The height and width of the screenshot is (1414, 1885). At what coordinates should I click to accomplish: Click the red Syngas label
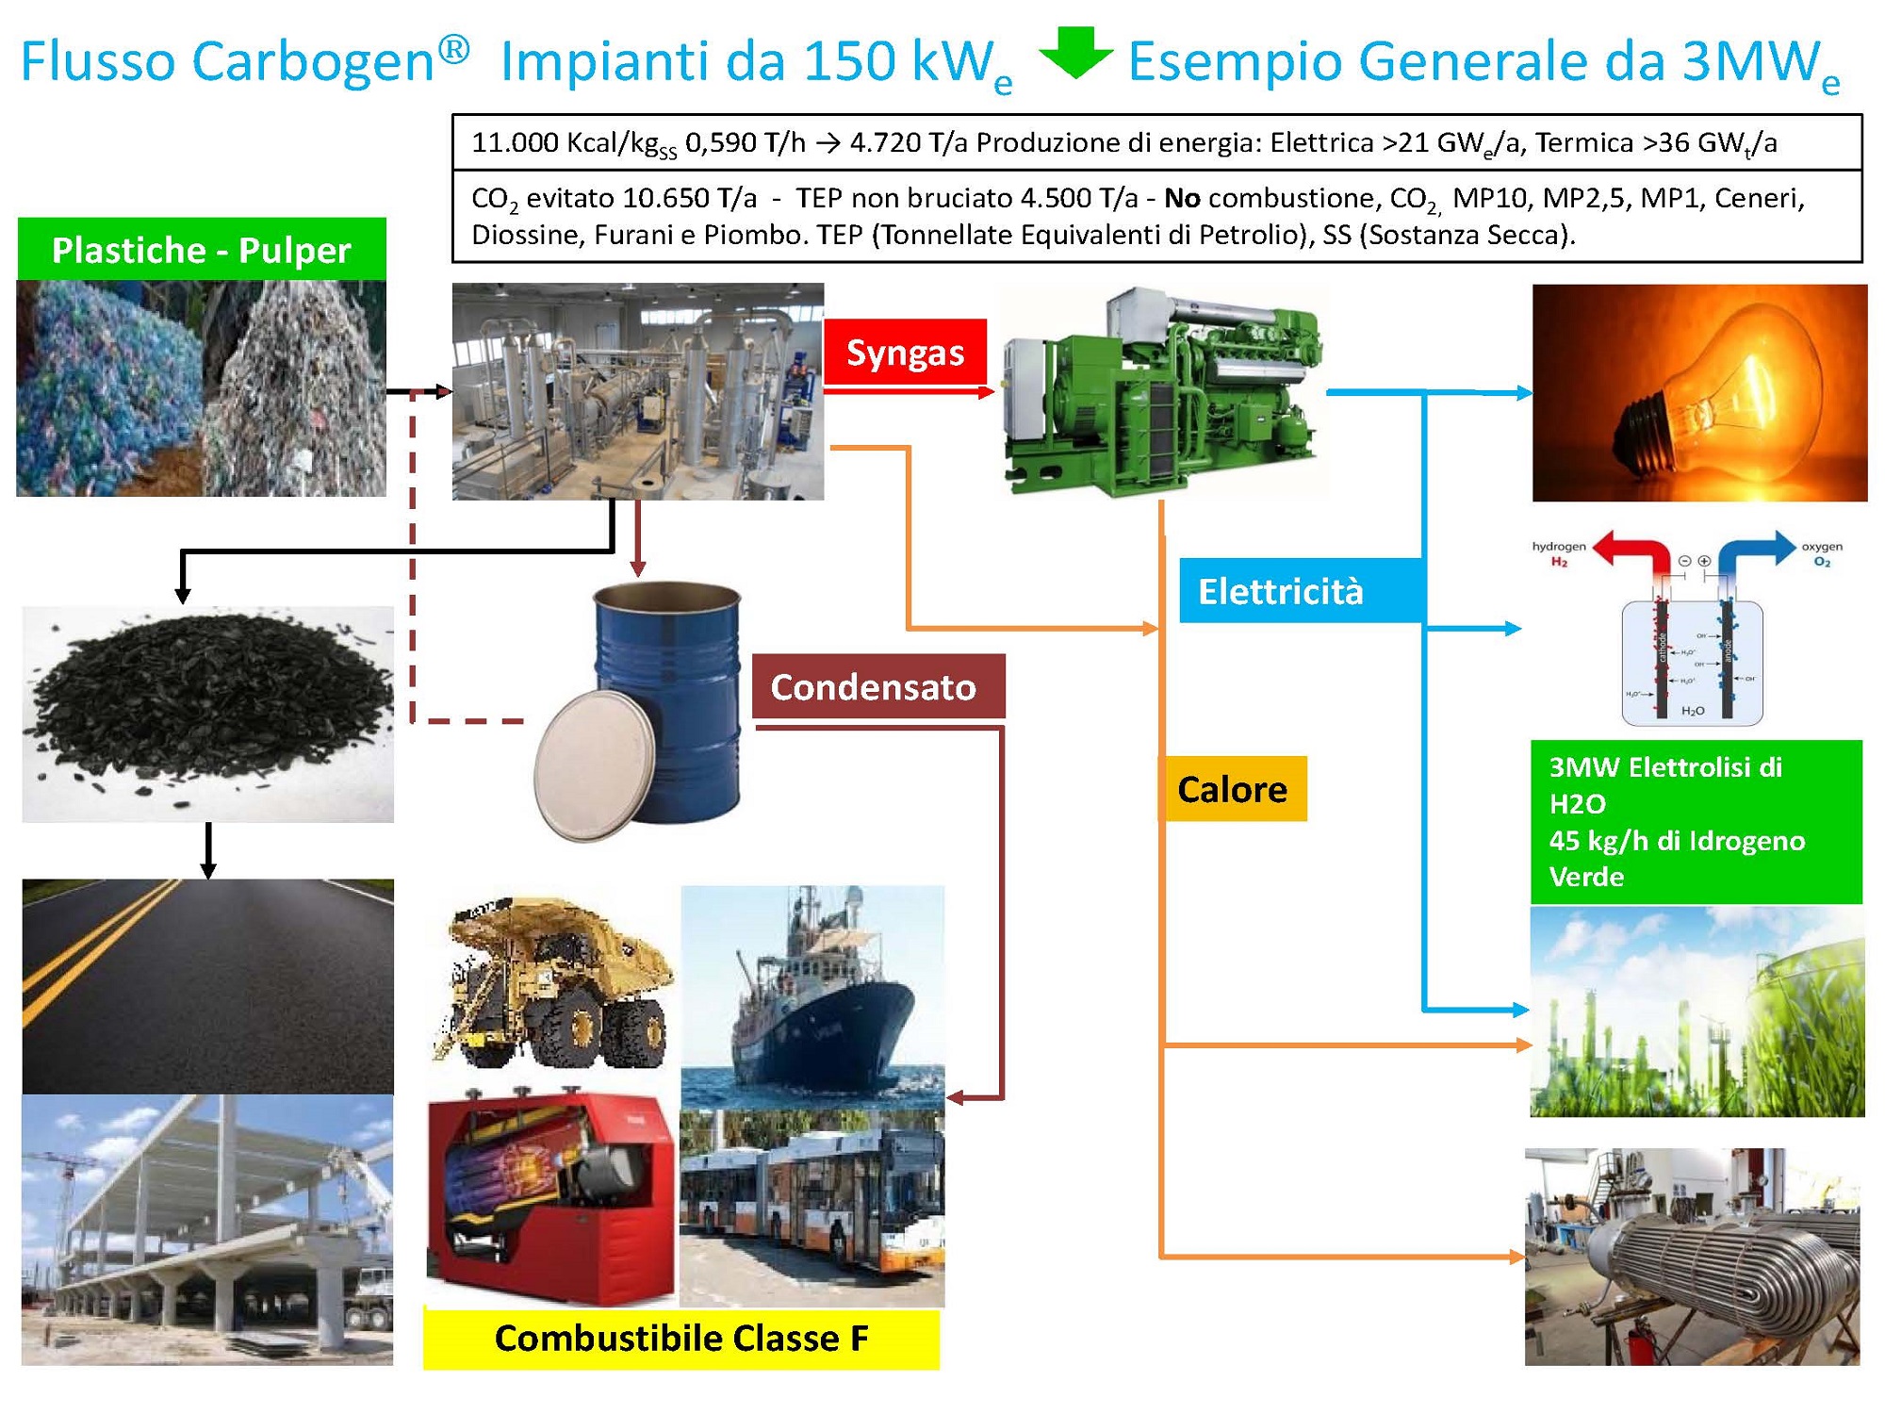(x=905, y=352)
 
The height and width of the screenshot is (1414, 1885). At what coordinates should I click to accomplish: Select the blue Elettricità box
(x=1301, y=591)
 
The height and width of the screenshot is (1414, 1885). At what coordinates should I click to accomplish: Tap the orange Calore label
(x=1232, y=789)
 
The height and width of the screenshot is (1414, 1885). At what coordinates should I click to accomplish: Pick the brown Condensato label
(x=877, y=686)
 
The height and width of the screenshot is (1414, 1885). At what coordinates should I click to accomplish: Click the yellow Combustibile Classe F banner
(x=680, y=1338)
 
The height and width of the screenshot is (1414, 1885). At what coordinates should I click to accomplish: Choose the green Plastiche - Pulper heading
(x=201, y=250)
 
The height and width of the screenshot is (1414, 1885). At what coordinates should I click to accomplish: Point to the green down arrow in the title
(x=1075, y=53)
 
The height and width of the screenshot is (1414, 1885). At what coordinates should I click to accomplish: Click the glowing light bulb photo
(x=1698, y=393)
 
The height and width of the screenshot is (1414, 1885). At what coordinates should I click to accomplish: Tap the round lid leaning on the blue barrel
(x=594, y=765)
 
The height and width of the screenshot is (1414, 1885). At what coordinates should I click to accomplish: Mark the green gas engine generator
(x=1164, y=391)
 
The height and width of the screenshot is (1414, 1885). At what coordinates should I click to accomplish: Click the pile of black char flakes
(x=207, y=702)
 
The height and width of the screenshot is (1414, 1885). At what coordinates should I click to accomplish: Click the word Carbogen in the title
(x=312, y=62)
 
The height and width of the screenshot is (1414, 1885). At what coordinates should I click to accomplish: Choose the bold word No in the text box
(x=1182, y=198)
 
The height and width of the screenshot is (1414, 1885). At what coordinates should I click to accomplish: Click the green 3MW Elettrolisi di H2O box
(x=1695, y=821)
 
